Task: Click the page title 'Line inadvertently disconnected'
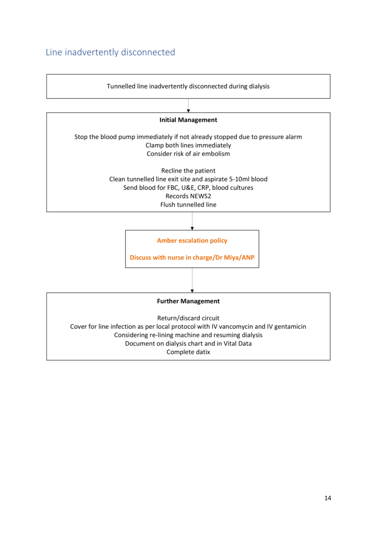[110, 52]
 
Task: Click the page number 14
[327, 498]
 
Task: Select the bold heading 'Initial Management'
[188, 120]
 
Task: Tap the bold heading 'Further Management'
[188, 301]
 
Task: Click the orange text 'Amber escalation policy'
[192, 240]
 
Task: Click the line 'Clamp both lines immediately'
[188, 145]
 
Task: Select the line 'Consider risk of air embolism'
[188, 154]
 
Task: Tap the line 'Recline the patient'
[188, 171]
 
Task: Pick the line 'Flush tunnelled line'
[188, 205]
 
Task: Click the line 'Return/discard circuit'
[188, 318]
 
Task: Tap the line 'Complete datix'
[188, 352]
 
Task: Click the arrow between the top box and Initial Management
[188, 106]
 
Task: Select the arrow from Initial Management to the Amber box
[192, 221]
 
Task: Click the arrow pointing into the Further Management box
[192, 280]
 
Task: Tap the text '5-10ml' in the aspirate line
[240, 179]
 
